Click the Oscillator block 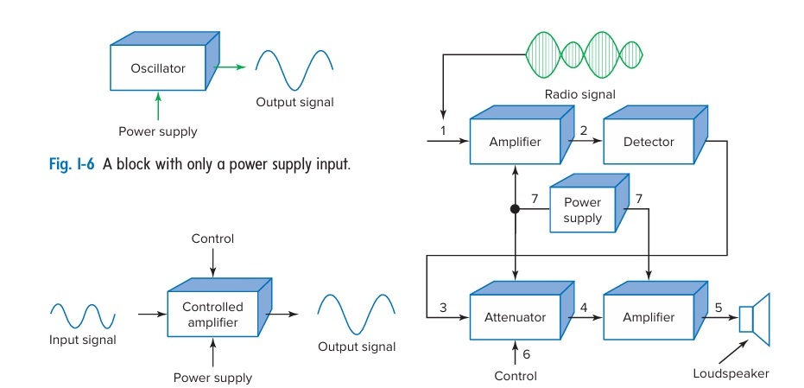click(x=158, y=68)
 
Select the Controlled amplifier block click(x=212, y=315)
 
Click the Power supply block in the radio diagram click(x=583, y=211)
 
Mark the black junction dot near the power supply click(x=515, y=208)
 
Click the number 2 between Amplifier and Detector click(x=584, y=130)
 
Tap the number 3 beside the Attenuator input click(x=444, y=307)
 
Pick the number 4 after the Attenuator click(x=584, y=307)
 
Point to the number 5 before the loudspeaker click(x=719, y=307)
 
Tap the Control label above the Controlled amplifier click(x=213, y=239)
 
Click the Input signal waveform click(x=83, y=315)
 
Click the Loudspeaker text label click(x=731, y=373)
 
